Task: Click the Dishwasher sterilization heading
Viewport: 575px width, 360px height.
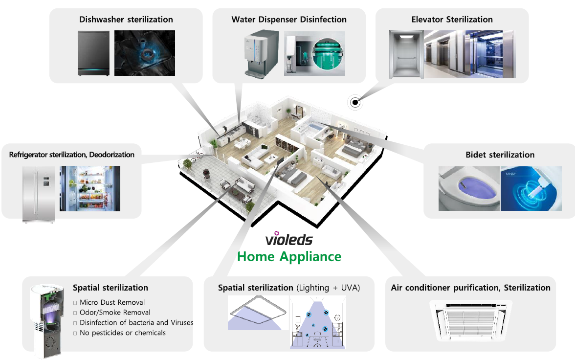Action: tap(126, 20)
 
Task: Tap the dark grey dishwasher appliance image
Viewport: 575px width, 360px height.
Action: tap(93, 53)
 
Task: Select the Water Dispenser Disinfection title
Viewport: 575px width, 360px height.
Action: tap(289, 20)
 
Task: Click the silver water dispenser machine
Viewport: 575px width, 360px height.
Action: tap(262, 53)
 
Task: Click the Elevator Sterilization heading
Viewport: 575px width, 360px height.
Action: tap(452, 20)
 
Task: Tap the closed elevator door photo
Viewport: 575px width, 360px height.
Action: tap(406, 54)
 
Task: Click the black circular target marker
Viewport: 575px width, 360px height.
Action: tap(355, 102)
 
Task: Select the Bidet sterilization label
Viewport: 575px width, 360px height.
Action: tap(500, 155)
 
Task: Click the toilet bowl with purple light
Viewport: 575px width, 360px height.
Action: tap(468, 189)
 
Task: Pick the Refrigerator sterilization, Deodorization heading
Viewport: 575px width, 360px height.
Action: tap(71, 155)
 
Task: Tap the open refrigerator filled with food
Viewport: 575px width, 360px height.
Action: tap(90, 189)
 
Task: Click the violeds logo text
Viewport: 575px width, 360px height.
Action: tap(288, 240)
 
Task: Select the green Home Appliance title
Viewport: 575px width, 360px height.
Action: tap(289, 256)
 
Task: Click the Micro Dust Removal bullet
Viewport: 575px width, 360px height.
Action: tap(112, 302)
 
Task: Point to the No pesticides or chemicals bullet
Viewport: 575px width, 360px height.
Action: tap(122, 333)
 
